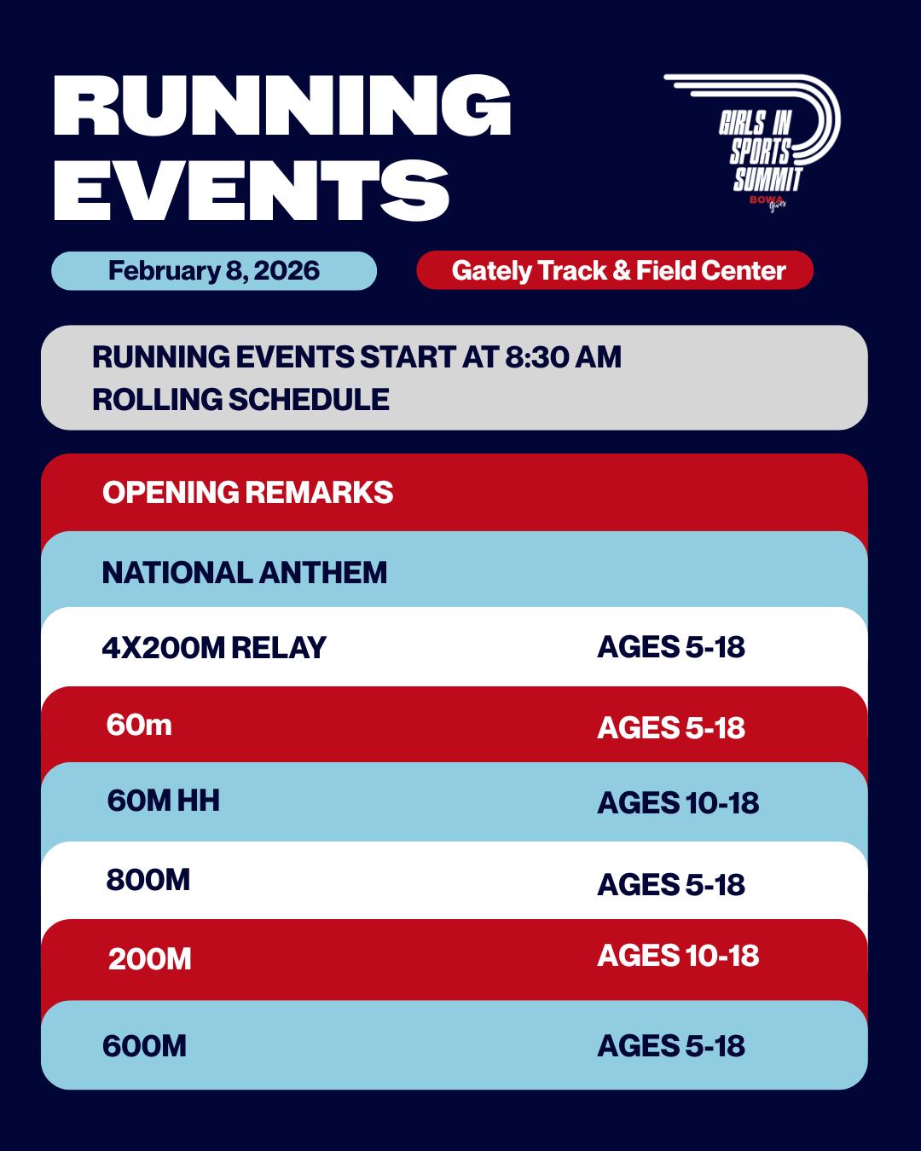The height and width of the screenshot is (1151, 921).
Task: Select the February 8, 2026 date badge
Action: coord(214,271)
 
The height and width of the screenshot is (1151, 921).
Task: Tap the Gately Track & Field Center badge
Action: coord(615,271)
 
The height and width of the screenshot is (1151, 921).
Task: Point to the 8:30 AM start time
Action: coord(563,357)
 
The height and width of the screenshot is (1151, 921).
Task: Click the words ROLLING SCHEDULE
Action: coord(240,400)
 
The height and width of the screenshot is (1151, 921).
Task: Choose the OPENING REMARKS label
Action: coord(247,493)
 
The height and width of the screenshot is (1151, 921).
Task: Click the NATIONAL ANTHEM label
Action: coord(244,573)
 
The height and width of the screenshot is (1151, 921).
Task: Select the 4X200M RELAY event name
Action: coord(214,648)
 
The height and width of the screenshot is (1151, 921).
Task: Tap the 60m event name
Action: coord(139,726)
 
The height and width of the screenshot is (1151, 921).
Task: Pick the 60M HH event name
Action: coord(163,801)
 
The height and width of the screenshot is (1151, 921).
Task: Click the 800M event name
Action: coord(148,880)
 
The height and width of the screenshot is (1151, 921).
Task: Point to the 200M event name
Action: coord(150,959)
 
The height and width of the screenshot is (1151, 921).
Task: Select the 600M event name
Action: coord(144,1046)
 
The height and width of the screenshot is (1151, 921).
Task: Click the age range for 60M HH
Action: coord(678,803)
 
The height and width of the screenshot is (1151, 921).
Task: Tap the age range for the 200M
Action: coord(678,956)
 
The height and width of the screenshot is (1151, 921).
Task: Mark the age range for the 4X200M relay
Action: coord(671,647)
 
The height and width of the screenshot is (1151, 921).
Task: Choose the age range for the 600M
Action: coord(671,1046)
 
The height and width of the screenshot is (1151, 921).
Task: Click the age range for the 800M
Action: coord(671,885)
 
